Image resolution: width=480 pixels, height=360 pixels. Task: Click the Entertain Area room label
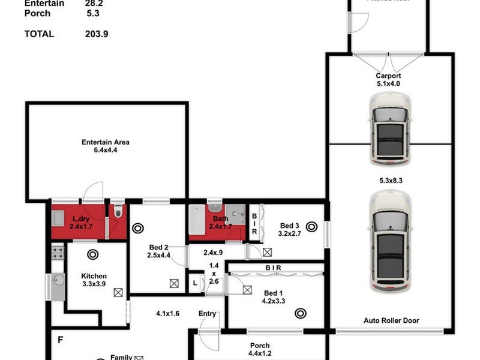point(106,142)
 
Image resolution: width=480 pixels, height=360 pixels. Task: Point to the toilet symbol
point(118,212)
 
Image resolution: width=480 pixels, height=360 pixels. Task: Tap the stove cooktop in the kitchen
point(58,252)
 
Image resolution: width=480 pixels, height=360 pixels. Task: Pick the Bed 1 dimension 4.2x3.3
point(274,301)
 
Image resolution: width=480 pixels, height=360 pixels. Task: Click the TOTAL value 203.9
point(97,34)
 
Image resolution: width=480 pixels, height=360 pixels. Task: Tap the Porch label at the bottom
point(260,346)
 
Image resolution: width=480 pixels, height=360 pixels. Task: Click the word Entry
point(207,314)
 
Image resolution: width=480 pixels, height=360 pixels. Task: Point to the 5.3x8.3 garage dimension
point(390,179)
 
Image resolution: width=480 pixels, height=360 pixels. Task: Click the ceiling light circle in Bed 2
point(137,228)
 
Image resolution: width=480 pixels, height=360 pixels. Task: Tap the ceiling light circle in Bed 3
point(311,226)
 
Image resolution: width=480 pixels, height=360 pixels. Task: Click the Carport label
point(388,76)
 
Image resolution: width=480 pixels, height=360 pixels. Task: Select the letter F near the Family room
point(60,340)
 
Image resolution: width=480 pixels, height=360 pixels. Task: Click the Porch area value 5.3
point(92,13)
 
